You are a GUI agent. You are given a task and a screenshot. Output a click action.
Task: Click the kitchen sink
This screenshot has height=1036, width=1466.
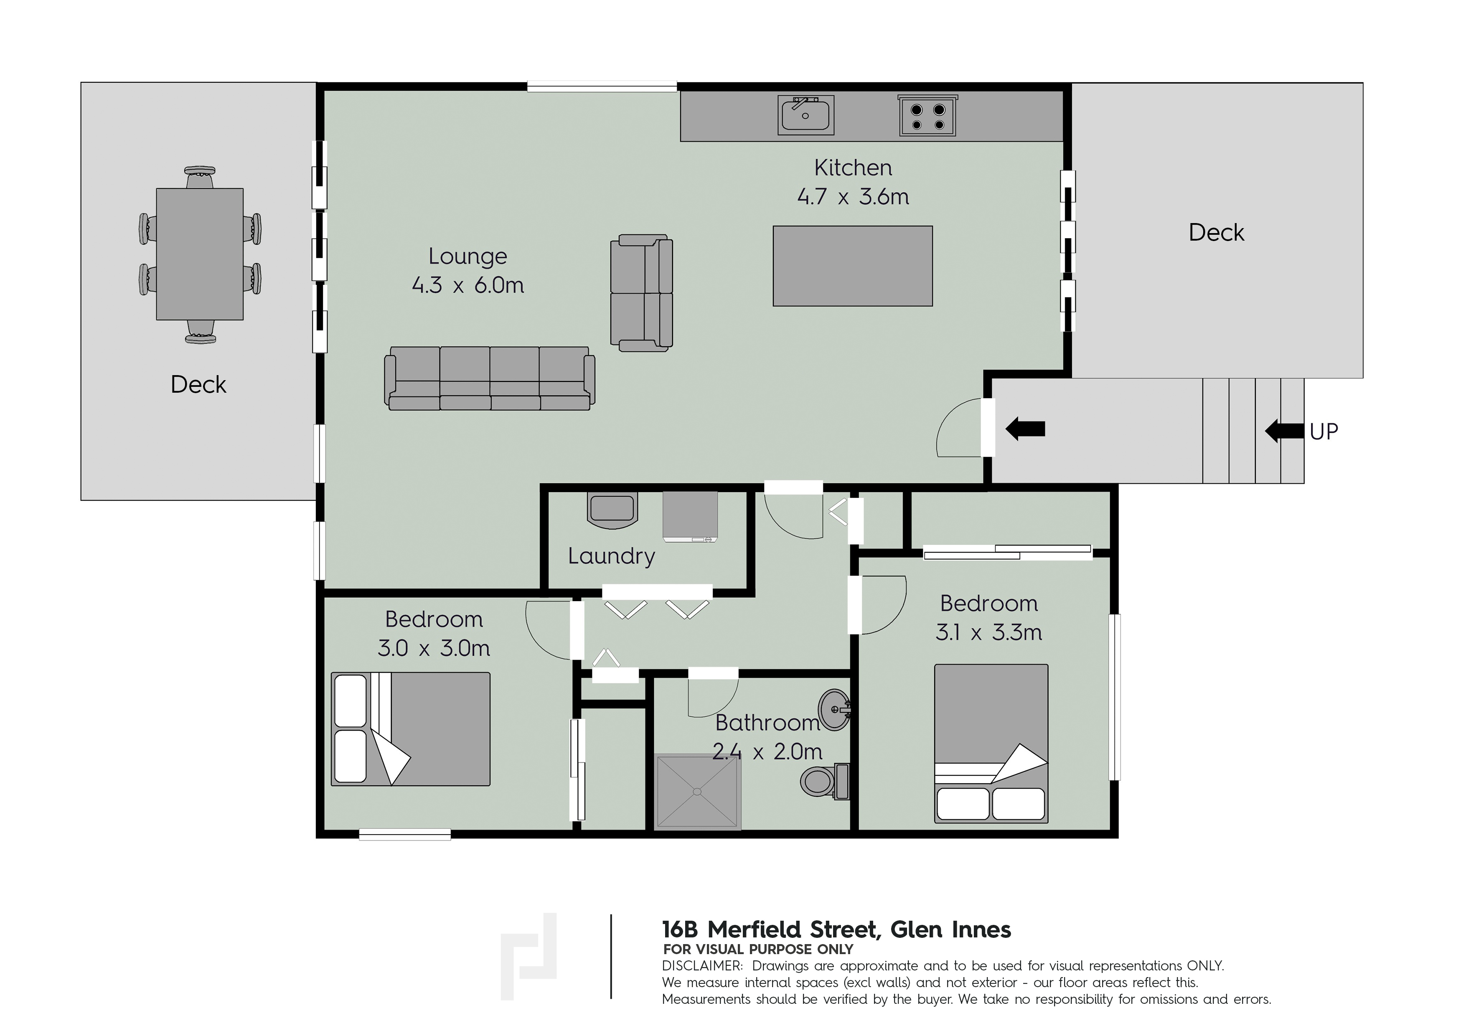pos(806,115)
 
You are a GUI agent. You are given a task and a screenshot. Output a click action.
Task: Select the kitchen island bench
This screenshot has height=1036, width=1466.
pos(852,266)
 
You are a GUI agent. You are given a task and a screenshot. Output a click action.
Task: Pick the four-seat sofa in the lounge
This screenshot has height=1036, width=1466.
pos(490,378)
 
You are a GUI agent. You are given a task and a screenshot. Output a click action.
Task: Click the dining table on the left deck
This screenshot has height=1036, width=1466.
pos(200,254)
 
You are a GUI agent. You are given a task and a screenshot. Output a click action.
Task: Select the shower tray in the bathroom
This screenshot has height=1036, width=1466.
pos(698,792)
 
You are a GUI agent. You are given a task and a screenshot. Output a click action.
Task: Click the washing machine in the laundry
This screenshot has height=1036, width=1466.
pos(690,516)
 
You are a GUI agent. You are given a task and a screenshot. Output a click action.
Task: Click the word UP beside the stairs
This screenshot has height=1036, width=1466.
pos(1324,432)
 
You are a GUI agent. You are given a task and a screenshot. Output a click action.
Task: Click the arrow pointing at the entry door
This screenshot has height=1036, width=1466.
pos(1025,429)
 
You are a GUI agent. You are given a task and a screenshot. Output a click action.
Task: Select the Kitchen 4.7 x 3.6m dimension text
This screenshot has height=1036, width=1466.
pos(853,197)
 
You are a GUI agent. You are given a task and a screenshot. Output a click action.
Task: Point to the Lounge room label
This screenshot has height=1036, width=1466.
pos(468,256)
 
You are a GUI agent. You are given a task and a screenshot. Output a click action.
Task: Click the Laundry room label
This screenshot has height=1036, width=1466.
pos(612,556)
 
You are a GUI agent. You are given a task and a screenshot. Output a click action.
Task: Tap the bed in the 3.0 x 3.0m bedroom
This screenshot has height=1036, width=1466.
pos(411,729)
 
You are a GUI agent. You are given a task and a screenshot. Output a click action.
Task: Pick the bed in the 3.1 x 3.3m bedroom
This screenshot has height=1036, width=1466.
pos(991,744)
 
